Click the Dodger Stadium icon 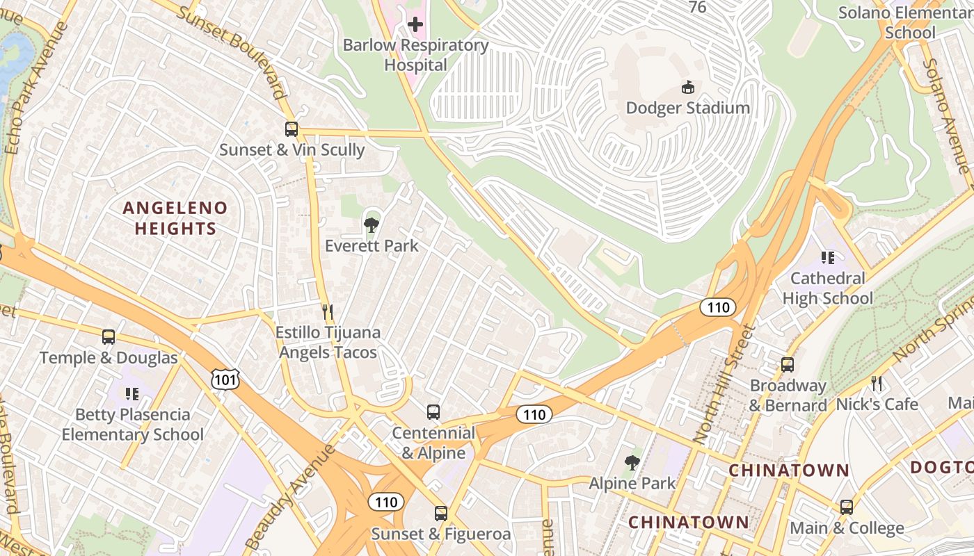pyautogui.click(x=687, y=87)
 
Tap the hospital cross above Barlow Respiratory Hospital pyautogui.click(x=415, y=25)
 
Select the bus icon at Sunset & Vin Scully pyautogui.click(x=292, y=129)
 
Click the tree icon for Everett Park pyautogui.click(x=372, y=224)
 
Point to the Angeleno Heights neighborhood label pyautogui.click(x=175, y=218)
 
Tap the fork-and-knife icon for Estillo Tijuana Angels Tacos pyautogui.click(x=328, y=311)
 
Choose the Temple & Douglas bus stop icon pyautogui.click(x=109, y=337)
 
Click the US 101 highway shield pyautogui.click(x=227, y=379)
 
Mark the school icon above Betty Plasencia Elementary pyautogui.click(x=132, y=394)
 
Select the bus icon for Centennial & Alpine pyautogui.click(x=433, y=411)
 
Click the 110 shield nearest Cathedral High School pyautogui.click(x=717, y=307)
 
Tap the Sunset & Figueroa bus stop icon pyautogui.click(x=441, y=514)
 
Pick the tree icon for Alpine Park pyautogui.click(x=632, y=462)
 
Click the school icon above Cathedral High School pyautogui.click(x=827, y=258)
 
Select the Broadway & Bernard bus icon pyautogui.click(x=788, y=365)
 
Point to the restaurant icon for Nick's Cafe pyautogui.click(x=877, y=383)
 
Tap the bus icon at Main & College pyautogui.click(x=847, y=507)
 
